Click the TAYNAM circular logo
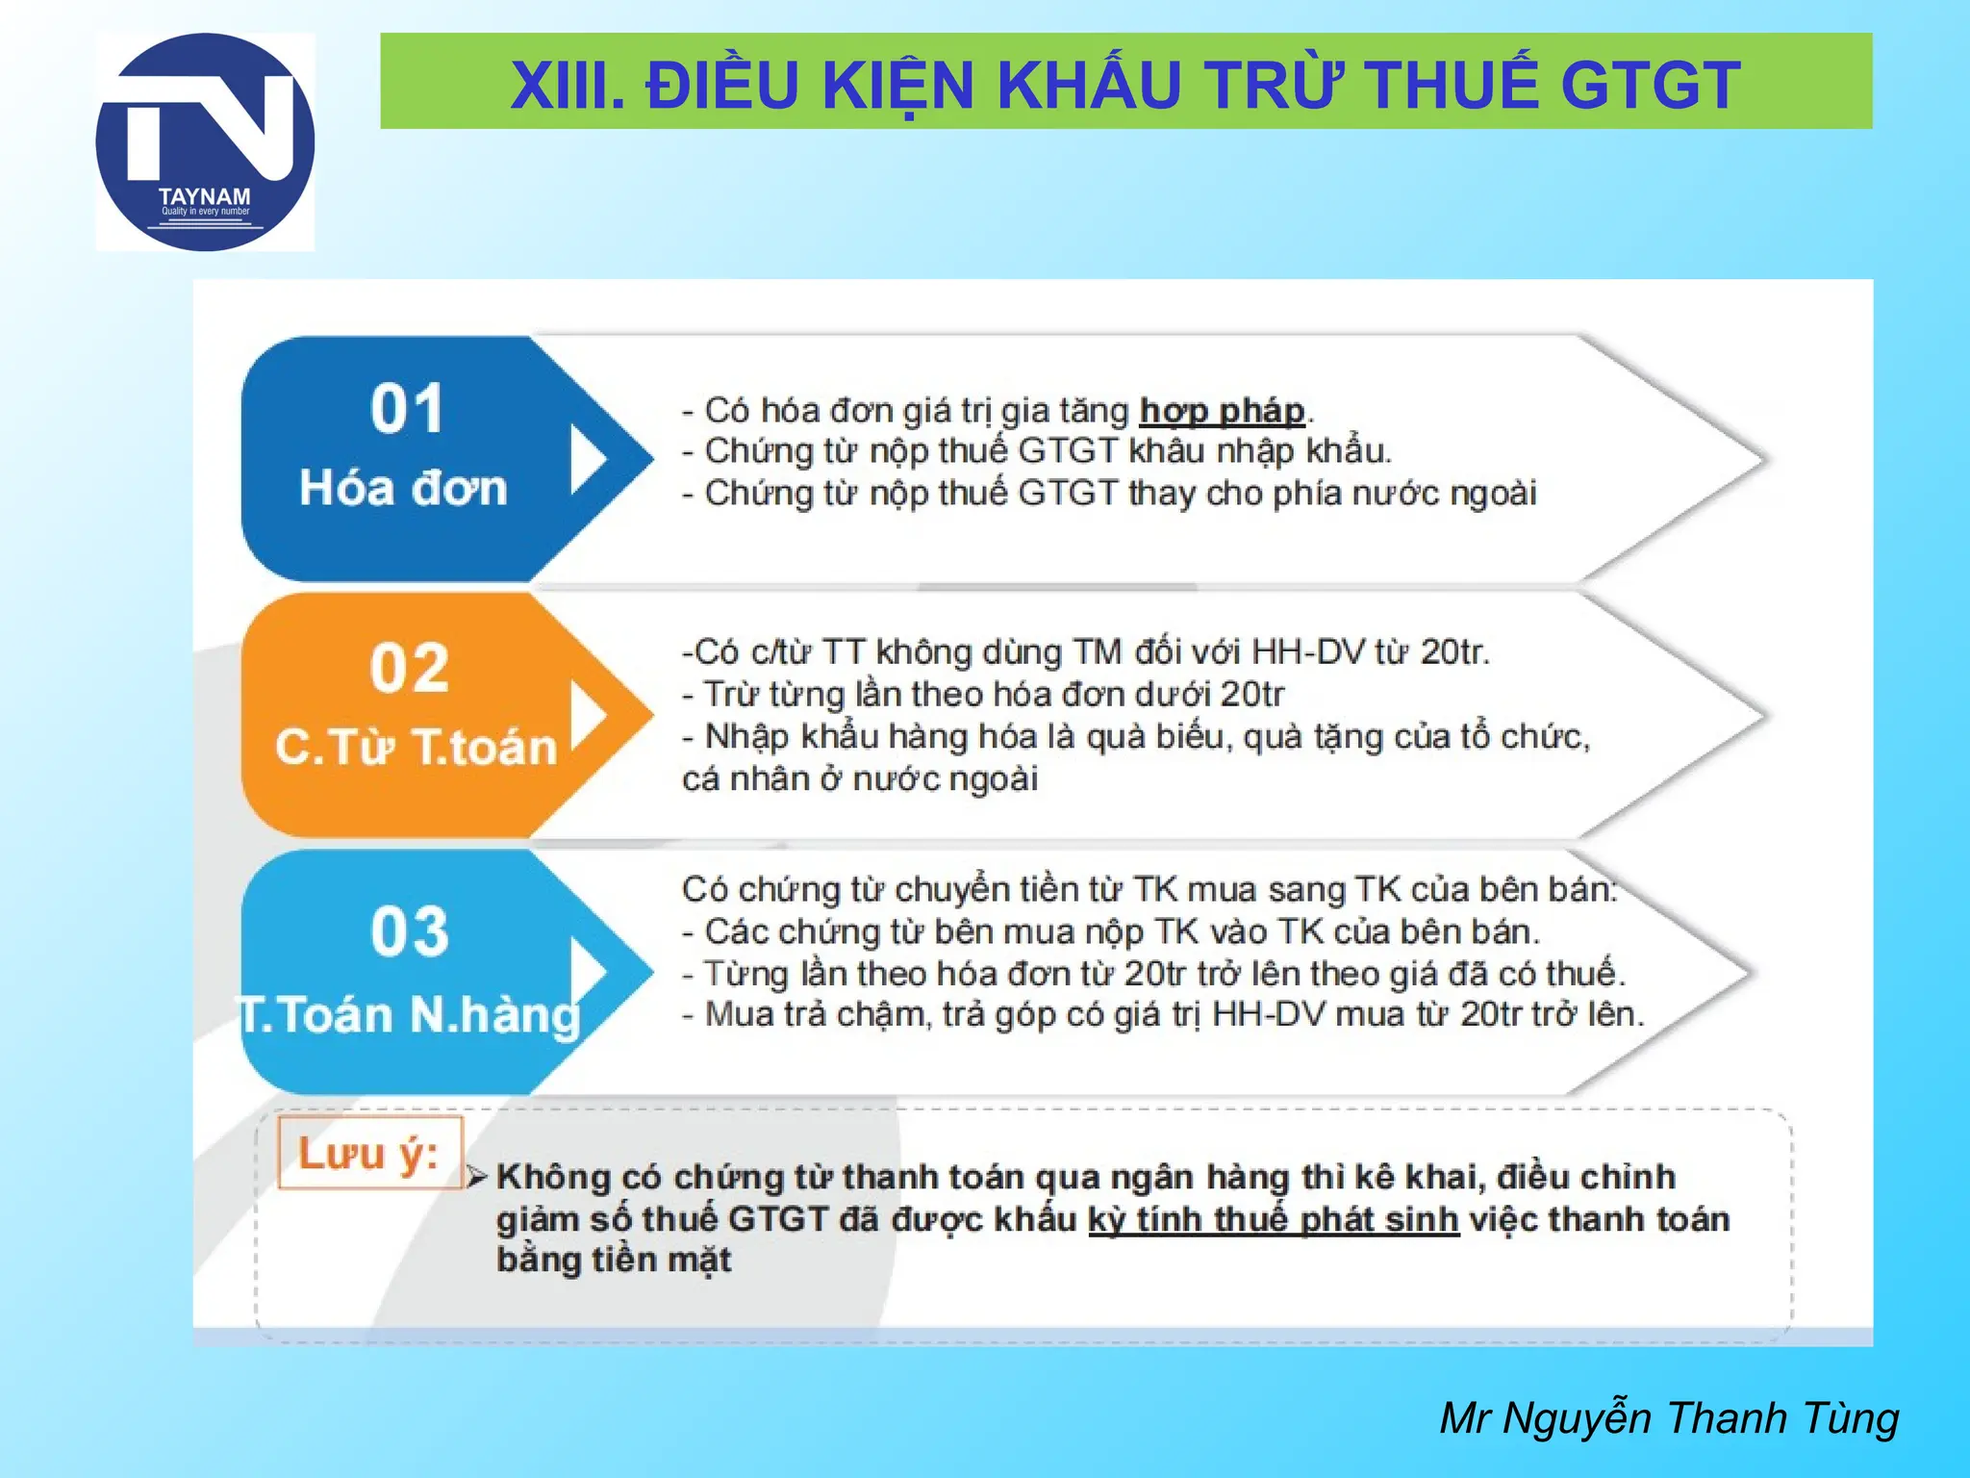click(x=205, y=142)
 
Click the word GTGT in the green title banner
click(x=1650, y=85)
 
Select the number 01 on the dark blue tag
click(x=407, y=409)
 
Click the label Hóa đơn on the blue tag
click(x=403, y=488)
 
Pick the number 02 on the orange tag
click(x=410, y=668)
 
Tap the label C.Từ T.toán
click(x=416, y=747)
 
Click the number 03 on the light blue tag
click(x=410, y=931)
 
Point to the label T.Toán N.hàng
click(x=409, y=1014)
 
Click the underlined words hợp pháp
click(x=1222, y=411)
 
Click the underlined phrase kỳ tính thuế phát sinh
click(x=1274, y=1219)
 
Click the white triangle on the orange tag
click(x=587, y=716)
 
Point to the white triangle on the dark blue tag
click(x=587, y=460)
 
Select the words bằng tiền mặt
click(x=614, y=1260)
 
